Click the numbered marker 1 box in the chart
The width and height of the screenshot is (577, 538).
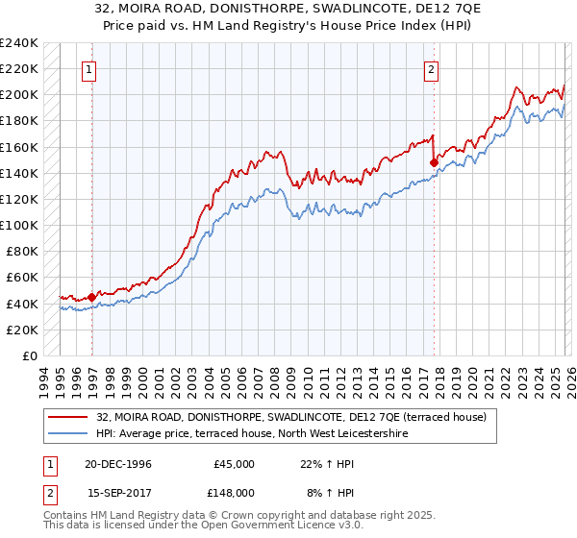[x=88, y=68]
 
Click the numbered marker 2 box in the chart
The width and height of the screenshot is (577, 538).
[x=432, y=68]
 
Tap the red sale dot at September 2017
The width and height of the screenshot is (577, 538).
[x=434, y=162]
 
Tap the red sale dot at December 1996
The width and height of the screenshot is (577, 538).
[x=92, y=297]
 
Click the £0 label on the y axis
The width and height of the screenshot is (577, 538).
[x=29, y=355]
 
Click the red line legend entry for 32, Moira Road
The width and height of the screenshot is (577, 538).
[x=296, y=417]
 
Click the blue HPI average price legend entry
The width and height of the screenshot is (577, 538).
[x=253, y=434]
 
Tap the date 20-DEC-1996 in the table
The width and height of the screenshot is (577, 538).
[x=117, y=464]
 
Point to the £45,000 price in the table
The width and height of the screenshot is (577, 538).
[x=234, y=464]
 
